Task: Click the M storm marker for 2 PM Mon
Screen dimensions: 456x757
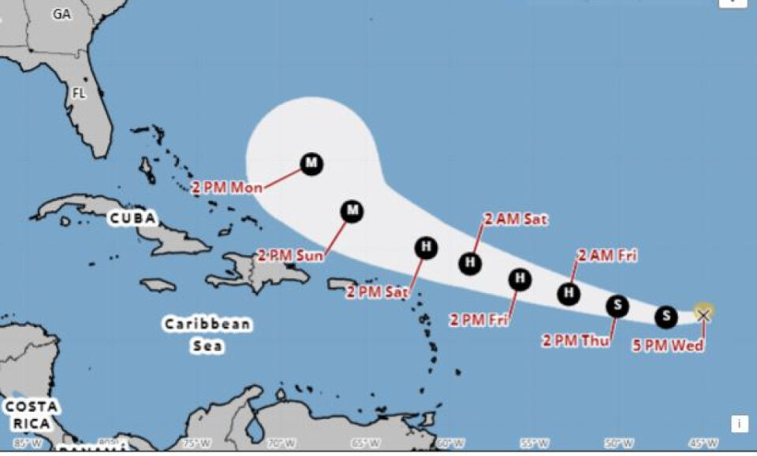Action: [x=311, y=164]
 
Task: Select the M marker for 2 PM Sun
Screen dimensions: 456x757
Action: [x=352, y=210]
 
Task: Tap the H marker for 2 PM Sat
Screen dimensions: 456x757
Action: [x=426, y=247]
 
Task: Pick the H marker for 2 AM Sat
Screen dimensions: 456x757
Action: [x=471, y=262]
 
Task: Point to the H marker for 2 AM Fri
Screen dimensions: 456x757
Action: [x=569, y=294]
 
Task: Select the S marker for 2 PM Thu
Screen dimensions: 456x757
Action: [x=617, y=306]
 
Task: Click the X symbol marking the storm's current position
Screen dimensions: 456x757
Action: [x=703, y=314]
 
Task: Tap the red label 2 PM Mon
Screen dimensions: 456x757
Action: [x=227, y=187]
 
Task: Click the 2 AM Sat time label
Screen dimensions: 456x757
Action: [x=516, y=220]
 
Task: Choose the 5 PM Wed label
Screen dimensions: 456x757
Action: [x=668, y=345]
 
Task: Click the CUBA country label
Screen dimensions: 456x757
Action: [x=132, y=218]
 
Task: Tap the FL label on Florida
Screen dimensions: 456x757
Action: [x=79, y=93]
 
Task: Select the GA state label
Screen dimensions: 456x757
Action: [x=62, y=14]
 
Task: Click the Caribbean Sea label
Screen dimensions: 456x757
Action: [x=207, y=335]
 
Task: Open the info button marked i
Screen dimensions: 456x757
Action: [x=739, y=424]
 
